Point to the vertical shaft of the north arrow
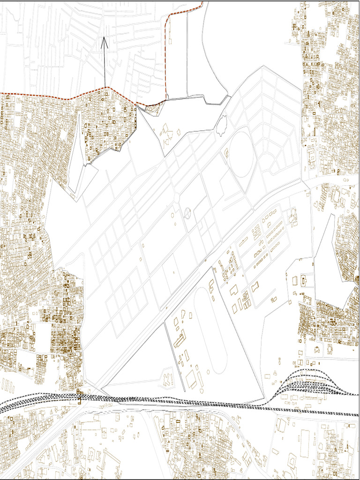[104, 66]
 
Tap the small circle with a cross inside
[187, 213]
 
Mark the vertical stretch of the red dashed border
[167, 56]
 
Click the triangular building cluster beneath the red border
[153, 109]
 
